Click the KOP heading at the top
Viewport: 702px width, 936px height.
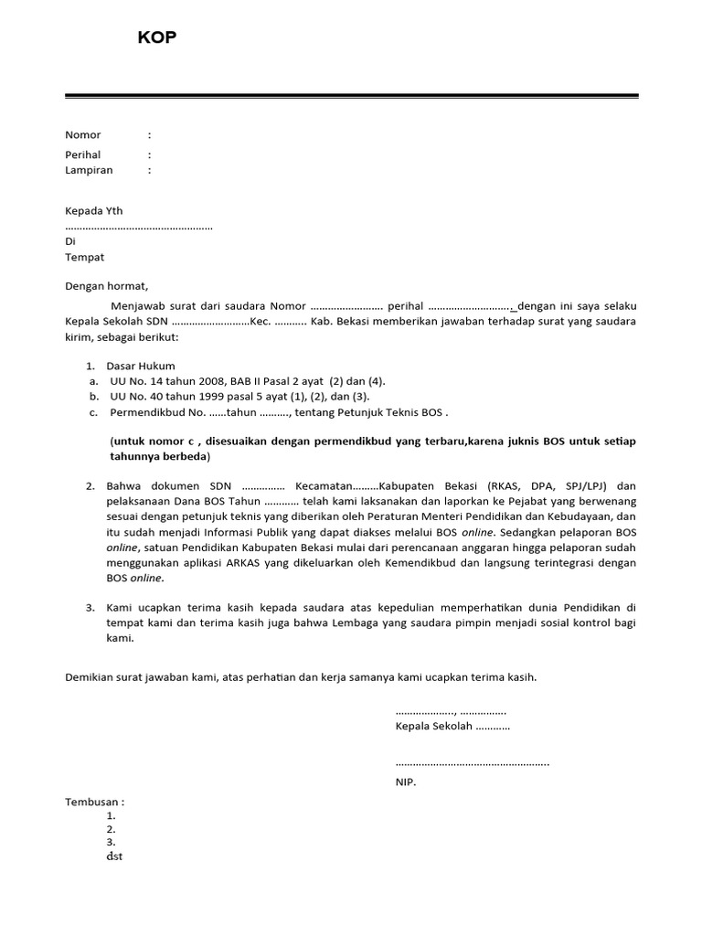[x=156, y=37]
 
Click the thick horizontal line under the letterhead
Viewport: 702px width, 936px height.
[x=351, y=95]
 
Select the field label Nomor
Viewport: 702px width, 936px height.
[x=83, y=135]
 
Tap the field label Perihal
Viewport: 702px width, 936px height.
[x=83, y=155]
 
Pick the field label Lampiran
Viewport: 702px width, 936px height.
[x=89, y=170]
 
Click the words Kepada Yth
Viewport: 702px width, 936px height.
[x=93, y=211]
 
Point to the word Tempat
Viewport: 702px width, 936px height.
[x=84, y=258]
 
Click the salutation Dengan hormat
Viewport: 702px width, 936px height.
[x=106, y=286]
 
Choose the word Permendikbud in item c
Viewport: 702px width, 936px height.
[x=144, y=412]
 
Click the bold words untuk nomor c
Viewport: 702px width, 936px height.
[x=152, y=441]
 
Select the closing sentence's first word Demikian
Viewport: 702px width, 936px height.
[x=90, y=677]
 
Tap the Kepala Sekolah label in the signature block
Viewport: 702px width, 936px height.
[x=433, y=727]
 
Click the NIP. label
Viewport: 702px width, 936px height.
[x=405, y=782]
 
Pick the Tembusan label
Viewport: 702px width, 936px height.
[x=91, y=802]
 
